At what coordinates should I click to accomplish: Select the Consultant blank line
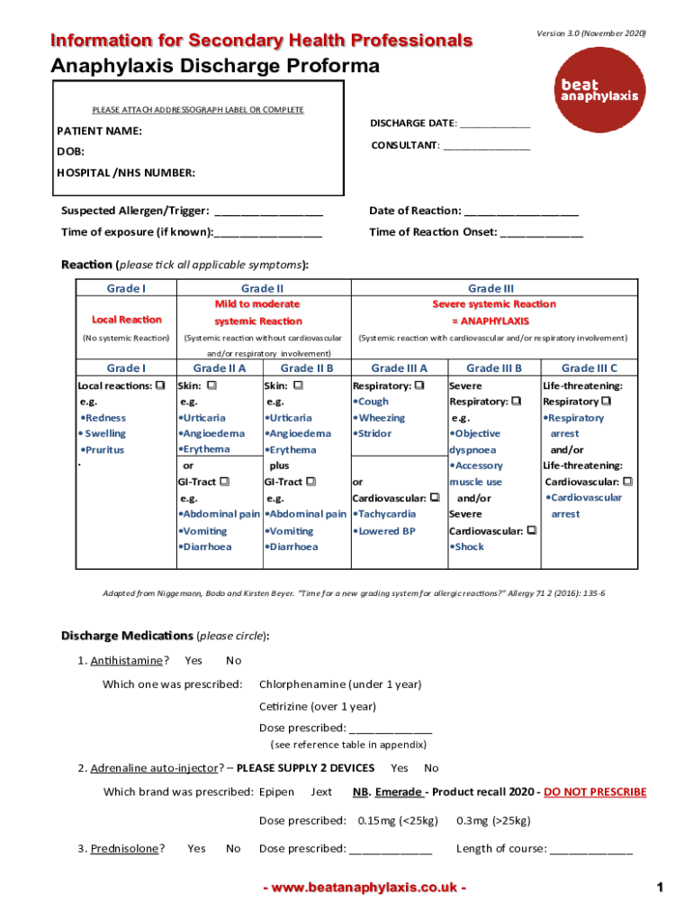coord(486,146)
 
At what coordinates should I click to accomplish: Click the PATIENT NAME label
coord(100,131)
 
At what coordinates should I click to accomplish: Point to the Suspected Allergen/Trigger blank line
coord(269,212)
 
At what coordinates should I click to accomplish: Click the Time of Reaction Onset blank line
coord(541,232)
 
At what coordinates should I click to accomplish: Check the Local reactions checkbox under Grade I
coord(160,385)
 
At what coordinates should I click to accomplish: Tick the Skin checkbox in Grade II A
coord(212,385)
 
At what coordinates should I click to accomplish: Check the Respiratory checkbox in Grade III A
coord(419,385)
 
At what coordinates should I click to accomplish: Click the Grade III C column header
coord(589,367)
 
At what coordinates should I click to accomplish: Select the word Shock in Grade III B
coord(469,547)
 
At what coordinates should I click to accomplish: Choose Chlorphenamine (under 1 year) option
coord(339,684)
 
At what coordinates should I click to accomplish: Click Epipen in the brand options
coord(276,792)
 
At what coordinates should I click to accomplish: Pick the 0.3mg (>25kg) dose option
coord(493,820)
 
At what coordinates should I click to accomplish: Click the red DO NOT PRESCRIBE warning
coord(595,792)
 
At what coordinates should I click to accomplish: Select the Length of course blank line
coord(591,849)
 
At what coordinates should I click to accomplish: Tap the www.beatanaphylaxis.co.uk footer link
coord(364,888)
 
